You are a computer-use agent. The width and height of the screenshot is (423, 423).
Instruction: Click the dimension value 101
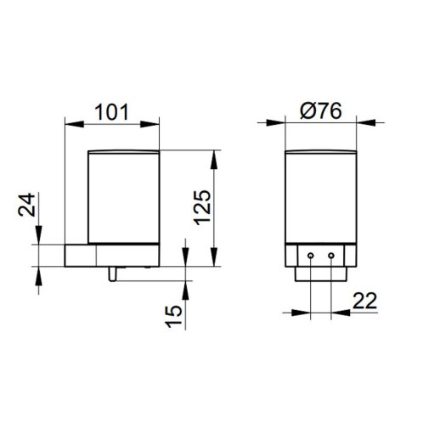click(x=111, y=112)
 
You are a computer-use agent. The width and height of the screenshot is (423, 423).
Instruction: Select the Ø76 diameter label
click(x=321, y=110)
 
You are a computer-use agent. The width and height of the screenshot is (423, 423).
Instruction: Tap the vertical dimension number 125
click(x=203, y=208)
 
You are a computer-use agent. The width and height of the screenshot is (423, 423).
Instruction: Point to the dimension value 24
click(x=26, y=205)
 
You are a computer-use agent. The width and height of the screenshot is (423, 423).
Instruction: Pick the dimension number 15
click(x=174, y=316)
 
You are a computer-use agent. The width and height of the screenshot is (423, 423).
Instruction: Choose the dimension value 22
click(x=365, y=301)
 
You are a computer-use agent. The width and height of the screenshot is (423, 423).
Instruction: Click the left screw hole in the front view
click(x=311, y=256)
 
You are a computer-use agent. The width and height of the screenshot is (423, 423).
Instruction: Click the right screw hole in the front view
click(x=331, y=256)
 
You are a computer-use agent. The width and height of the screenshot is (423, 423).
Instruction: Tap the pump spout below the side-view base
click(x=112, y=274)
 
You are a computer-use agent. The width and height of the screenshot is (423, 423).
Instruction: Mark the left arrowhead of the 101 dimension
click(x=75, y=124)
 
